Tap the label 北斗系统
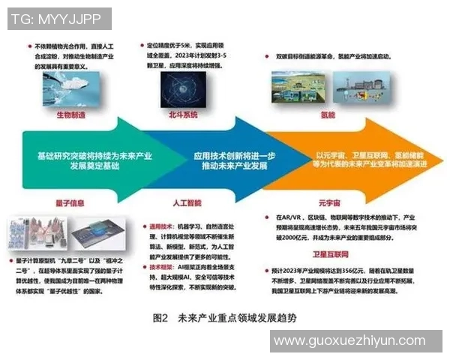(182, 115)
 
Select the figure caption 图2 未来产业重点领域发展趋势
(224, 318)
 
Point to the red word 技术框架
(162, 267)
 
